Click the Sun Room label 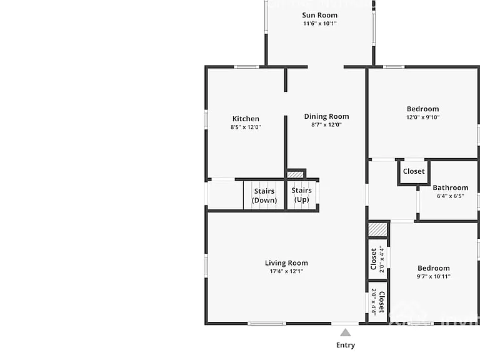(x=319, y=15)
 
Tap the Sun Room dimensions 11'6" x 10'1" (x=319, y=24)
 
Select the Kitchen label (x=246, y=119)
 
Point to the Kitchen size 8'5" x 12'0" (x=246, y=127)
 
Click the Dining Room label (x=326, y=117)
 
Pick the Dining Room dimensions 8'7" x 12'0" (x=326, y=124)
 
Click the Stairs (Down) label (x=264, y=196)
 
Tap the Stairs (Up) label (x=301, y=195)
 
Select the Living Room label (x=286, y=263)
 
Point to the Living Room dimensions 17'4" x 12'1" (x=286, y=271)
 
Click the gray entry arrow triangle (x=345, y=332)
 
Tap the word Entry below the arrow (x=345, y=345)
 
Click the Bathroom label (x=450, y=187)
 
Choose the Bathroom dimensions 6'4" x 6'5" (x=450, y=196)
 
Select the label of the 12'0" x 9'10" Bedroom (x=422, y=109)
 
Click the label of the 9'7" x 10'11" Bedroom (x=434, y=268)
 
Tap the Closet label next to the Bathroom (x=414, y=171)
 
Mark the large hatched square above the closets (x=377, y=229)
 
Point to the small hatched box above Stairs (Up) (x=295, y=174)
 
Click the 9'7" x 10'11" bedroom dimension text (x=434, y=276)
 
